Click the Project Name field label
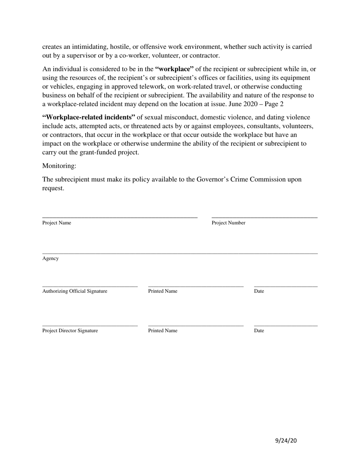click(x=56, y=223)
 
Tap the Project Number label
click(x=228, y=223)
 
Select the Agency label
click(x=50, y=258)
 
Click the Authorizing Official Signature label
click(x=75, y=291)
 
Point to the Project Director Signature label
click(x=70, y=330)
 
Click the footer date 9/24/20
click(x=286, y=440)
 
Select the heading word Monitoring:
click(x=59, y=166)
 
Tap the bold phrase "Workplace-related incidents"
click(x=89, y=117)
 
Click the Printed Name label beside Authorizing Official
click(x=163, y=291)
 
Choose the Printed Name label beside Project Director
click(x=163, y=330)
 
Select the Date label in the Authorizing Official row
click(x=259, y=291)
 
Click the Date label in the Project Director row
click(x=259, y=330)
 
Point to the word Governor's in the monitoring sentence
click(x=214, y=179)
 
